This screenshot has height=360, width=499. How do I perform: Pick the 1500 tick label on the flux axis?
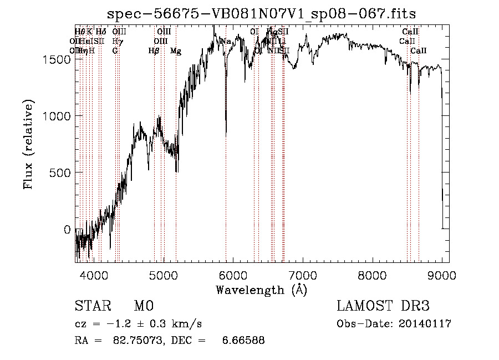point(57,59)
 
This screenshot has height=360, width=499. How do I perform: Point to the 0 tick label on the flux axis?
point(68,230)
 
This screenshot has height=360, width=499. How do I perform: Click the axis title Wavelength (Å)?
point(261,290)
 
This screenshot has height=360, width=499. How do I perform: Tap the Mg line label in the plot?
point(175,51)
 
